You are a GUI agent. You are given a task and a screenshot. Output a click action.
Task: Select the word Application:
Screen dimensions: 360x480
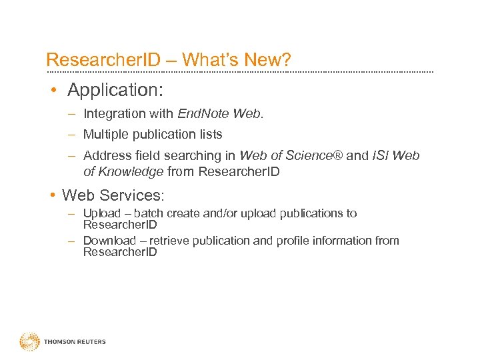(116, 89)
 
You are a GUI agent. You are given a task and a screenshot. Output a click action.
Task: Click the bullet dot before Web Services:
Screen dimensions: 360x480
(52, 196)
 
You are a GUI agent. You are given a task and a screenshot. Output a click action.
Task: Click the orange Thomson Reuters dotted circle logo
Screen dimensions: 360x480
(29, 341)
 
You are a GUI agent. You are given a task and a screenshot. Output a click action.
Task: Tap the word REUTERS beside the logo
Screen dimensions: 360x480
(91, 342)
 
